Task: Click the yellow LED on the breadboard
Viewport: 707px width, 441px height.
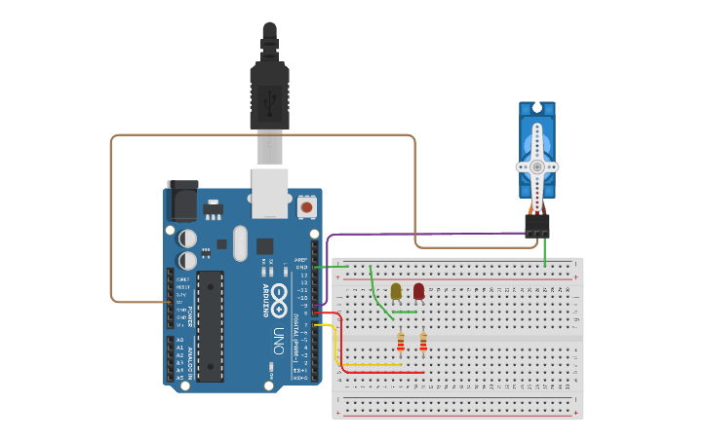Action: coord(396,291)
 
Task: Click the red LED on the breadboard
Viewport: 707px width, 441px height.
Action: coord(419,291)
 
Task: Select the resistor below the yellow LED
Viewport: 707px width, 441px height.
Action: coord(401,342)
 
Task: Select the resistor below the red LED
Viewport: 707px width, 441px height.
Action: coord(423,342)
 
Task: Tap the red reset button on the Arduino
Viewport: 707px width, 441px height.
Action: coord(307,206)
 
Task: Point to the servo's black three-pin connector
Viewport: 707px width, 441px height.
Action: coord(536,226)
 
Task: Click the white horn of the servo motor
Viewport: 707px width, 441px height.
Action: coord(537,165)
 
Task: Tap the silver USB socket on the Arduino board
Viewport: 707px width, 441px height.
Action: coord(270,192)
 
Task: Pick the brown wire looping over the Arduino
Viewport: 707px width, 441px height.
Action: coord(263,135)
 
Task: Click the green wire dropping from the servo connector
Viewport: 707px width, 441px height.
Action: coord(545,252)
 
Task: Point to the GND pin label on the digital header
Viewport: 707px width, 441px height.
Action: coord(302,266)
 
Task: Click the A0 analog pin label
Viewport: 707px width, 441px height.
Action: coord(179,340)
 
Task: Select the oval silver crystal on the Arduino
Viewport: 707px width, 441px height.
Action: coord(239,244)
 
